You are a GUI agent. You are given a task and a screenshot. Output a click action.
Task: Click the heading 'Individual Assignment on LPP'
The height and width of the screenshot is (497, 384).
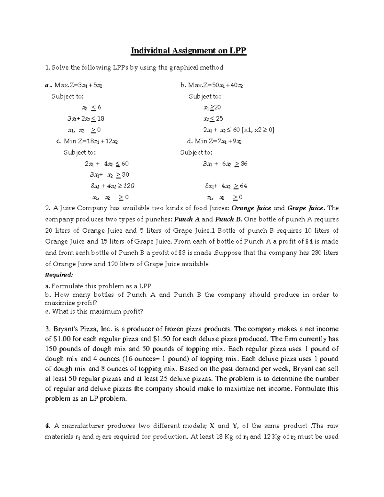pos(189,51)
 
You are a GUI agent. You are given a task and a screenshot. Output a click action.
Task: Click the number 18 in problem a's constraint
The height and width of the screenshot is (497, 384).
pos(100,119)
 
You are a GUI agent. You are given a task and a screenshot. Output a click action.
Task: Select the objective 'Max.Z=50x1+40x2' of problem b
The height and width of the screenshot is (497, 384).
pos(215,85)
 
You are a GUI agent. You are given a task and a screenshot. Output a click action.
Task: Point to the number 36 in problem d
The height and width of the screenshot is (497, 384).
pos(244,164)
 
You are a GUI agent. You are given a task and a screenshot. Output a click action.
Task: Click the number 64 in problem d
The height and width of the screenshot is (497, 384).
pos(244,186)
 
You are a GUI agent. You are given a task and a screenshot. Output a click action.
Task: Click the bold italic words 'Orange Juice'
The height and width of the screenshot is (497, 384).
pos(251,208)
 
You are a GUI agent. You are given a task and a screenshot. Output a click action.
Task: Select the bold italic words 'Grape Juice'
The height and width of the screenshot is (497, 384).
pos(306,208)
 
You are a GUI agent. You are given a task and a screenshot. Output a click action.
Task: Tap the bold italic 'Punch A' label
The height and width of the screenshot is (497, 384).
pos(187,220)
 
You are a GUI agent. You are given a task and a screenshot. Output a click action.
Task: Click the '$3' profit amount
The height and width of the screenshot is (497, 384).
pos(181,253)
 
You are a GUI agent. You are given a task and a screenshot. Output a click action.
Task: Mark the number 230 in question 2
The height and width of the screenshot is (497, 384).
pos(316,253)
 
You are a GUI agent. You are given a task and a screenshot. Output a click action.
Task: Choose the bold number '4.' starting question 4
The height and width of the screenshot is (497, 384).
pos(48,426)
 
